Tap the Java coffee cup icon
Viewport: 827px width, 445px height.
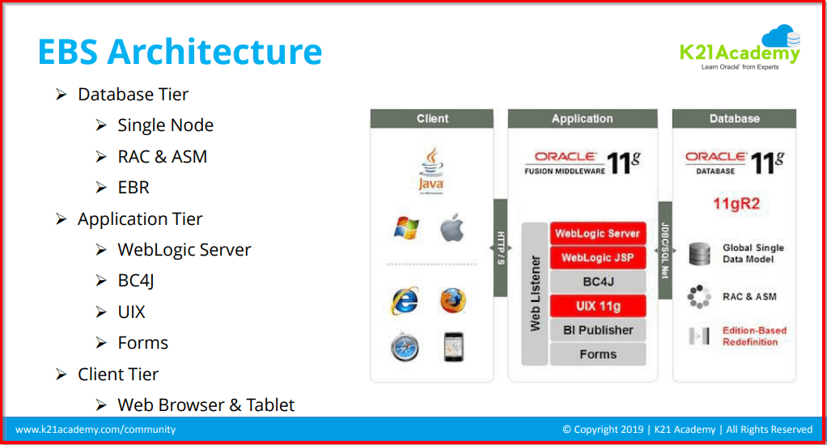click(x=430, y=171)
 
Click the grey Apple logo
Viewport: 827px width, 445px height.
click(x=452, y=229)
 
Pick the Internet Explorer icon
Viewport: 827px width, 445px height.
click(x=405, y=301)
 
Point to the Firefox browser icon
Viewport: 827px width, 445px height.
click(x=453, y=301)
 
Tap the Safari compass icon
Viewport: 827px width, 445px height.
click(x=405, y=347)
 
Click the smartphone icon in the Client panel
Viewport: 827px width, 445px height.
click(x=453, y=347)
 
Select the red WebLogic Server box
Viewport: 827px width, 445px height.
click(x=597, y=234)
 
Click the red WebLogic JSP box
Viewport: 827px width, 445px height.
click(x=597, y=258)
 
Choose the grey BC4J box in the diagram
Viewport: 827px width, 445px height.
click(x=597, y=282)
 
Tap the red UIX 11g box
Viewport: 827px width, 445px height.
click(x=597, y=306)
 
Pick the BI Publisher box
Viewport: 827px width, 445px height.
click(x=597, y=330)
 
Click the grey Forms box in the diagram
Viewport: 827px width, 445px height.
click(x=597, y=354)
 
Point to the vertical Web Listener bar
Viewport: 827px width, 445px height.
click(x=535, y=294)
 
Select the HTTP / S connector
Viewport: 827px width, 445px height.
click(x=500, y=248)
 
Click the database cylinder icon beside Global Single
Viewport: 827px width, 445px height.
click(x=699, y=254)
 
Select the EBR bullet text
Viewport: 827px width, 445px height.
click(x=134, y=188)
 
